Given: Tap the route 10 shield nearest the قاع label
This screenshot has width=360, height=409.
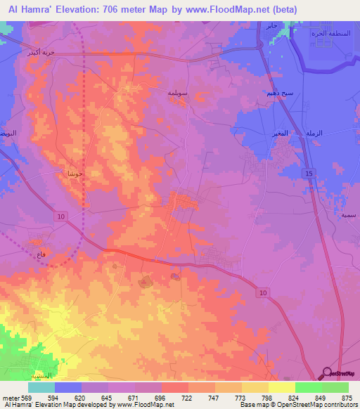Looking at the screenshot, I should pyautogui.click(x=62, y=217).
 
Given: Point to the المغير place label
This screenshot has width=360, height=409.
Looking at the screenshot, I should pyautogui.click(x=280, y=133).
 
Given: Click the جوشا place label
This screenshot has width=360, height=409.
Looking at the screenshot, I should pyautogui.click(x=75, y=173).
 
